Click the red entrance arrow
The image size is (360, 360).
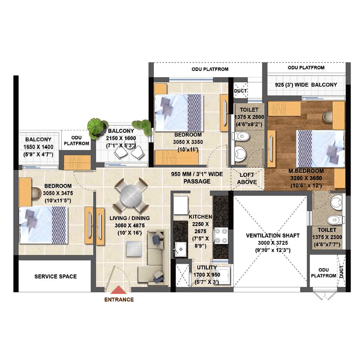(x=118, y=290)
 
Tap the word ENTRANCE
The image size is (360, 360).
(x=119, y=300)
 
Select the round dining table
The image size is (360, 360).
(x=130, y=195)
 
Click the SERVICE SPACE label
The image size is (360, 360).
(x=55, y=276)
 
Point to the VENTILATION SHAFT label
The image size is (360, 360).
(x=273, y=235)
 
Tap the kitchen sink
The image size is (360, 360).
(x=181, y=249)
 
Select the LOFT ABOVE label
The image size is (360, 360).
(x=247, y=178)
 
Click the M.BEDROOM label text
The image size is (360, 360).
(x=306, y=171)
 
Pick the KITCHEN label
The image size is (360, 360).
(x=200, y=217)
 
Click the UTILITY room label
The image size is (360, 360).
(x=207, y=267)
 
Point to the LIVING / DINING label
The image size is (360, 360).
(x=130, y=218)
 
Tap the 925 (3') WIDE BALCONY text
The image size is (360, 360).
(x=306, y=85)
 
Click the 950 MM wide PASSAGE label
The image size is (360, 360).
(x=197, y=178)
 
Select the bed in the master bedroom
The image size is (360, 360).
(x=320, y=149)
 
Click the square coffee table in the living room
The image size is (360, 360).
(x=134, y=249)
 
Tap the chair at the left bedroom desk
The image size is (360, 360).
(x=36, y=193)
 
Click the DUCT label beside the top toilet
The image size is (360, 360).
(x=240, y=91)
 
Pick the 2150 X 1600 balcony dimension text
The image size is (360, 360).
(x=121, y=138)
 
